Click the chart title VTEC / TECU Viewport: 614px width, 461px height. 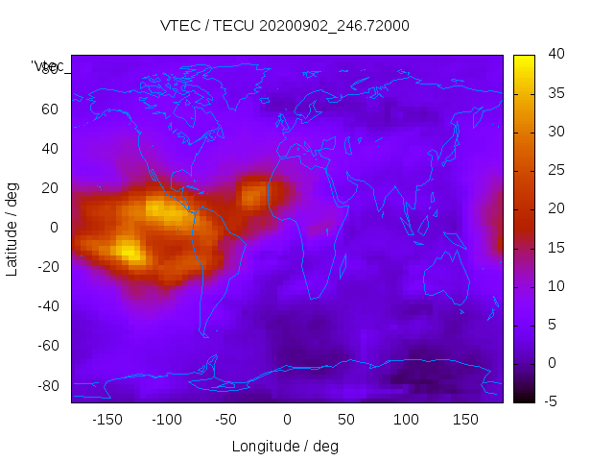(x=284, y=26)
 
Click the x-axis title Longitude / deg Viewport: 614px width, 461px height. (x=285, y=446)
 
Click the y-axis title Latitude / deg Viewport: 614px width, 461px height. (x=12, y=228)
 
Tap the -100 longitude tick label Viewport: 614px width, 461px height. (x=167, y=420)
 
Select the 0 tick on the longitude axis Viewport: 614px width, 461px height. (x=287, y=420)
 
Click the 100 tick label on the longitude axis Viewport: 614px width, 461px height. (x=406, y=420)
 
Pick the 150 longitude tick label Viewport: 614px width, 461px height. (x=465, y=420)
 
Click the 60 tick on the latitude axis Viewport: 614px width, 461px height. (x=49, y=109)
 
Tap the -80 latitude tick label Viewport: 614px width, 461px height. (x=46, y=385)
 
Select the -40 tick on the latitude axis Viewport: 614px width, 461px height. (x=46, y=306)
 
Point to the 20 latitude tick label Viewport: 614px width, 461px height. (x=49, y=188)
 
